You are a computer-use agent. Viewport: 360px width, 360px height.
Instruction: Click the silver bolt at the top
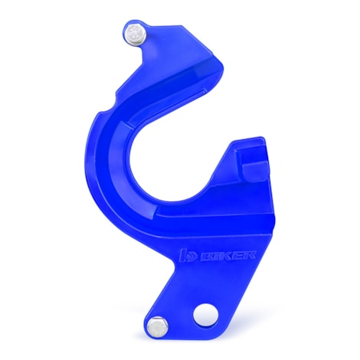(x=136, y=34)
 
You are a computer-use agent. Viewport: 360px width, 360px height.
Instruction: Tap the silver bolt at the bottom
(x=159, y=326)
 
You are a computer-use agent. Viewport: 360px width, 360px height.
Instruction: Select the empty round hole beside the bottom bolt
(x=205, y=313)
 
